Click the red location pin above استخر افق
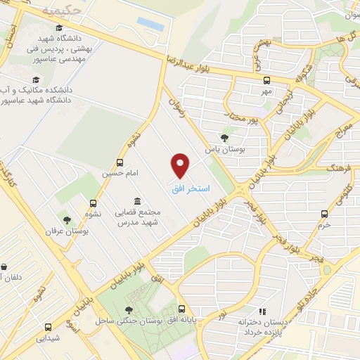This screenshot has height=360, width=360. (x=181, y=165)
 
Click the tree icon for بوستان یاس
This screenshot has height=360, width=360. (x=224, y=137)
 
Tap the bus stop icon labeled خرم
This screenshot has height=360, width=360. (x=324, y=213)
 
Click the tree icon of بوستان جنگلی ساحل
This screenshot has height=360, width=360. (x=129, y=309)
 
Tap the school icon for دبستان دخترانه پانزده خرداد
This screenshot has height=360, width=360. (x=262, y=311)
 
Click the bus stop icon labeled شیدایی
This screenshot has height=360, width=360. (x=48, y=327)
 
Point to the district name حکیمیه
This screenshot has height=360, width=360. (x=58, y=10)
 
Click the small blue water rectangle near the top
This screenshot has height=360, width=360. (x=150, y=24)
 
